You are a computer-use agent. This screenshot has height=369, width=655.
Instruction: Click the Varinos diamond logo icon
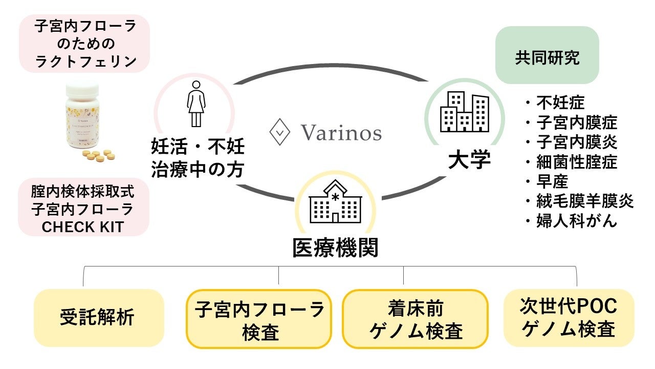(x=280, y=133)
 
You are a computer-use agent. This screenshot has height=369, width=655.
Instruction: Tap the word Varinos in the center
(x=341, y=133)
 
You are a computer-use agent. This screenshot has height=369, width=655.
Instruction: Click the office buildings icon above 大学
(x=464, y=112)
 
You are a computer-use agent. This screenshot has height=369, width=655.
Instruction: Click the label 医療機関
(x=335, y=249)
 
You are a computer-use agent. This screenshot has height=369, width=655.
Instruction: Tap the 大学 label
(x=469, y=161)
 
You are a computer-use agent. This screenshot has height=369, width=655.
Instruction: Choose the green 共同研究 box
(x=547, y=57)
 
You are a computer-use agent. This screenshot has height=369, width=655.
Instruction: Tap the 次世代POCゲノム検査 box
(x=568, y=318)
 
